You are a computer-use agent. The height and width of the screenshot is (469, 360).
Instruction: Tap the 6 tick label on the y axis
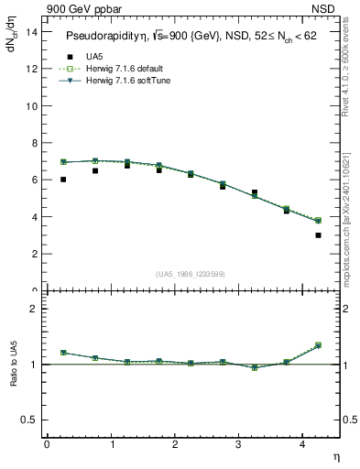click(33, 180)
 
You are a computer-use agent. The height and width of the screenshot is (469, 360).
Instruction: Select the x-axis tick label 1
click(112, 444)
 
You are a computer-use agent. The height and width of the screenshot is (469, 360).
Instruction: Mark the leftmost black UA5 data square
click(63, 180)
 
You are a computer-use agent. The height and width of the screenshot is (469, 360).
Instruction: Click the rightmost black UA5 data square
click(318, 235)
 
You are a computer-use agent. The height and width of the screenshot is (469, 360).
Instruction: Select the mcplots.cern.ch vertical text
click(351, 220)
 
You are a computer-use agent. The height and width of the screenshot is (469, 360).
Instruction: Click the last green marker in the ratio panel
click(318, 345)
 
